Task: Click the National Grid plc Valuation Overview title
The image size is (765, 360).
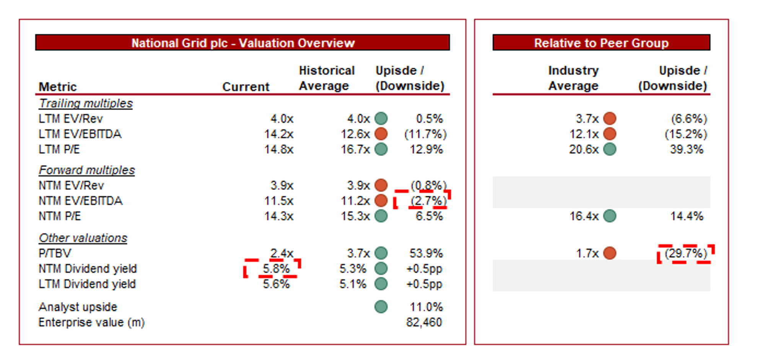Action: pyautogui.click(x=243, y=43)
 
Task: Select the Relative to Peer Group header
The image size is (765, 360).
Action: pyautogui.click(x=601, y=43)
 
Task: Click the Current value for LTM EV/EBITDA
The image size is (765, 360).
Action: pyautogui.click(x=278, y=134)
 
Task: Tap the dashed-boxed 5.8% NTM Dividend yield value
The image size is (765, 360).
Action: pyautogui.click(x=276, y=269)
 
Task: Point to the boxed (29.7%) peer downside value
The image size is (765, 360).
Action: pyautogui.click(x=685, y=253)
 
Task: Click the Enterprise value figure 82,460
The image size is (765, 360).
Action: pyautogui.click(x=424, y=322)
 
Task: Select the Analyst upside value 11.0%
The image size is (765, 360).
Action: pyautogui.click(x=426, y=307)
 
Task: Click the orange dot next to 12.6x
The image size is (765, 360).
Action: pyautogui.click(x=381, y=134)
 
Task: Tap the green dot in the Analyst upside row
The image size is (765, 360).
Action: pyautogui.click(x=381, y=307)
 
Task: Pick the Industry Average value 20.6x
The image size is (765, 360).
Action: pyautogui.click(x=584, y=149)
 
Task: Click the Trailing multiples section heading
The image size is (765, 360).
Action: pyautogui.click(x=86, y=103)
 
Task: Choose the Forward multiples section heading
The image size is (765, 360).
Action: pyautogui.click(x=87, y=170)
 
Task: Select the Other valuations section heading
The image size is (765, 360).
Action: pyautogui.click(x=83, y=238)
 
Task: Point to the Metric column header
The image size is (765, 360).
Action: pyautogui.click(x=58, y=87)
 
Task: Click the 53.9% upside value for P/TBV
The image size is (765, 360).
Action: pyautogui.click(x=426, y=253)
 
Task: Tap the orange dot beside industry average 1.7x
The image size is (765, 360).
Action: pyautogui.click(x=610, y=253)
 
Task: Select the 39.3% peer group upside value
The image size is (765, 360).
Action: pyautogui.click(x=686, y=149)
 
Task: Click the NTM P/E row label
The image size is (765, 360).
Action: pyautogui.click(x=60, y=216)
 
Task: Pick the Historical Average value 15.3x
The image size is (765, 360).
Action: pyautogui.click(x=355, y=216)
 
